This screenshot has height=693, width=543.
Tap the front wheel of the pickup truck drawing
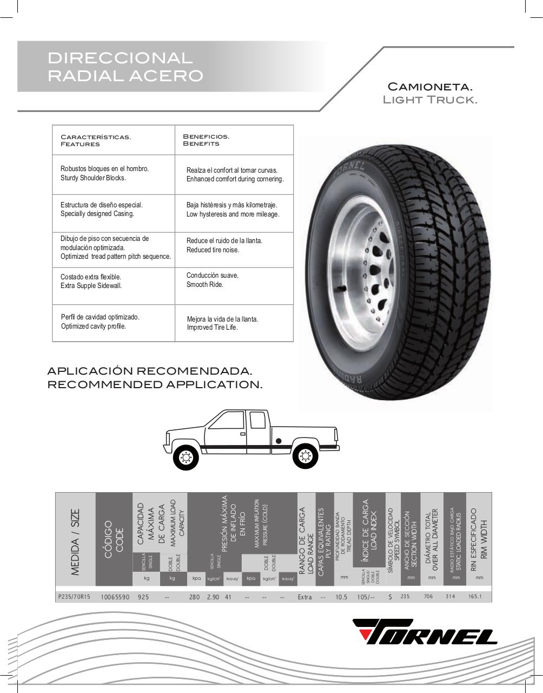[186, 457]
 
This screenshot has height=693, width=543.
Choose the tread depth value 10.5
[341, 597]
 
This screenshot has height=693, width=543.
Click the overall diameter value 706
[428, 597]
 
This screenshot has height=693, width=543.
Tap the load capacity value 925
[143, 597]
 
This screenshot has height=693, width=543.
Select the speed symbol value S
[390, 597]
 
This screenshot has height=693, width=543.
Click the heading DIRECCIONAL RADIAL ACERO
[125, 67]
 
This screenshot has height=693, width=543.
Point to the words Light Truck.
[430, 100]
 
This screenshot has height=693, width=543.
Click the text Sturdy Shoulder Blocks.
[93, 178]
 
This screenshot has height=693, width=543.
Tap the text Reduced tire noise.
[213, 250]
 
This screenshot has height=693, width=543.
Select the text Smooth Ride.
[205, 285]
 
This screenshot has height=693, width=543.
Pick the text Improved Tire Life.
[213, 328]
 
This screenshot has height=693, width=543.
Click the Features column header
[80, 144]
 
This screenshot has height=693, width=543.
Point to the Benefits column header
[201, 144]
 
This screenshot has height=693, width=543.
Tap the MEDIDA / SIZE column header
[75, 541]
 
